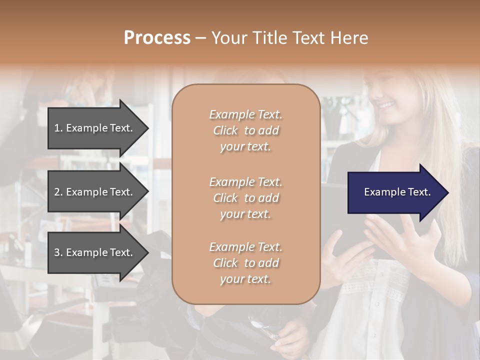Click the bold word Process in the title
click(157, 38)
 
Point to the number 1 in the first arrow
click(57, 128)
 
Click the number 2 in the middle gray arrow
click(57, 192)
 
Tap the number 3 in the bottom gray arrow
click(57, 253)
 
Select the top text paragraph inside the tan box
click(245, 130)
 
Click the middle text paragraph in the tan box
click(245, 198)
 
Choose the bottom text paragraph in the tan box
click(245, 263)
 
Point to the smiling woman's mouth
click(386, 105)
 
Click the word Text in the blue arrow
click(418, 192)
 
